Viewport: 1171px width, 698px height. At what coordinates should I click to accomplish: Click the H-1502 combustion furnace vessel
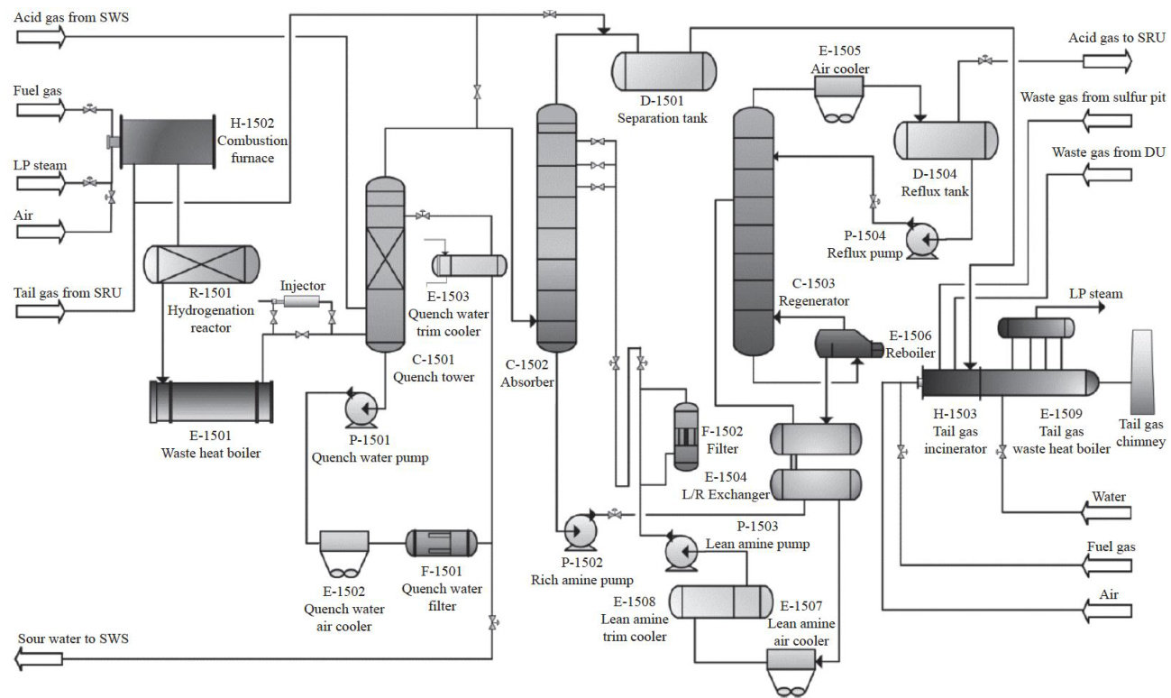168,142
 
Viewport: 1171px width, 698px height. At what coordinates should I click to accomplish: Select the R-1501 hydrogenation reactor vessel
201,264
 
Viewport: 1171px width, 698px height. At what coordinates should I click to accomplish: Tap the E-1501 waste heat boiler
211,401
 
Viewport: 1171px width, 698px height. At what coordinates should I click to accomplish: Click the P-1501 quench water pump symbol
361,409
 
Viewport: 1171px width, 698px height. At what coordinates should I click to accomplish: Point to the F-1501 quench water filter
442,543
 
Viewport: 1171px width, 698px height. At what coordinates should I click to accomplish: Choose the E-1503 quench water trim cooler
470,266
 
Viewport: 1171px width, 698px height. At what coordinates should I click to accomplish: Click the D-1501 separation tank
663,71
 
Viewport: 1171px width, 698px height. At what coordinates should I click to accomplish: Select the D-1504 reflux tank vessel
946,140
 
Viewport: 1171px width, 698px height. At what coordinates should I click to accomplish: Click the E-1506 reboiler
849,344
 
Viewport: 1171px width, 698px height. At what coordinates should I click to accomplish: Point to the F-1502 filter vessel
686,436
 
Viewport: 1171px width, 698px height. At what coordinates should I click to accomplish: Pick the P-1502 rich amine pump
580,530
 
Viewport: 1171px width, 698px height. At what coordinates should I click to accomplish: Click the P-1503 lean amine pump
682,551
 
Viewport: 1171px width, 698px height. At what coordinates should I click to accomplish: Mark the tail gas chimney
1142,372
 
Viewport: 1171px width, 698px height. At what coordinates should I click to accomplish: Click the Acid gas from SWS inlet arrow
41,37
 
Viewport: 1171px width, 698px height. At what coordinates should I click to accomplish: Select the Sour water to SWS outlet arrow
39,658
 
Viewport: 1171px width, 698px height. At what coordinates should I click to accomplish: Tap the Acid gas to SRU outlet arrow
1107,61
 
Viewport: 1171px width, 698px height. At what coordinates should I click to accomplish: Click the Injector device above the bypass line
302,302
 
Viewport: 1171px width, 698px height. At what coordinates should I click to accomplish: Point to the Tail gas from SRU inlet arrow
41,312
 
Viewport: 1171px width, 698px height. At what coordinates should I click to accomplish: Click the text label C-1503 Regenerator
813,292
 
